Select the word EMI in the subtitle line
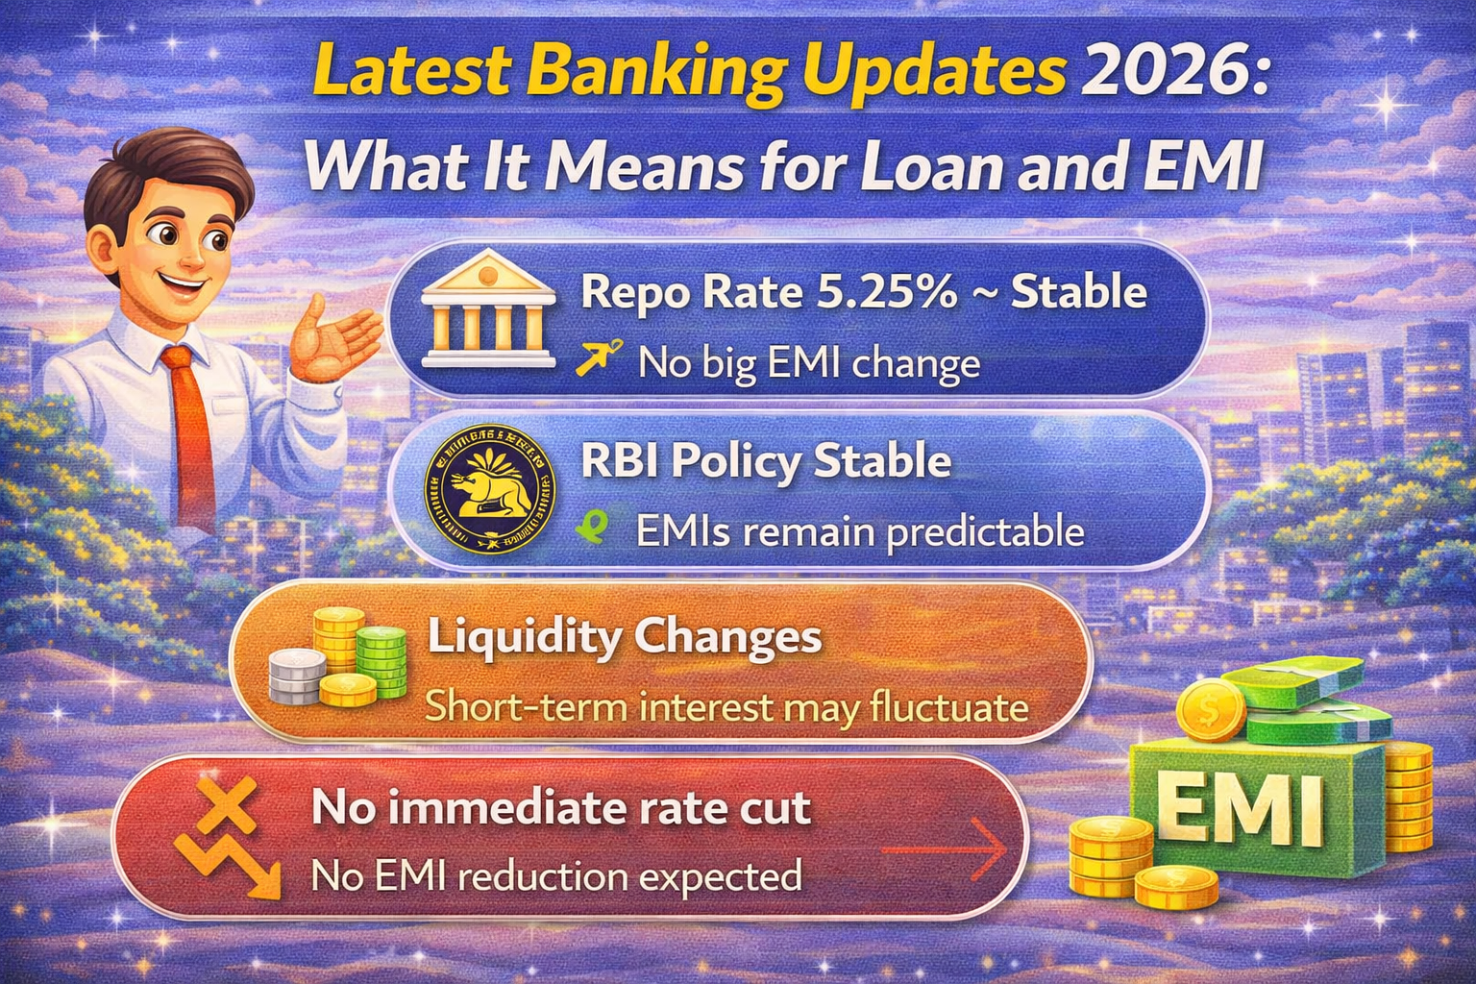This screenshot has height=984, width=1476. pos(1203,166)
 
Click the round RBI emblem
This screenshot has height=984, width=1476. pos(490,488)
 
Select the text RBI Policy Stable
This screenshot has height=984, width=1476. pos(766,461)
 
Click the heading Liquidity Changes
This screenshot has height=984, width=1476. pos(625,637)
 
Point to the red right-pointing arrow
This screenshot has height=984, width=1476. pos(944,849)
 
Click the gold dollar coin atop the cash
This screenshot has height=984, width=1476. pos(1210,710)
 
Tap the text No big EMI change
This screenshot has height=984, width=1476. pos(809,364)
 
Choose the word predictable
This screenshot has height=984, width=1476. pos(985,531)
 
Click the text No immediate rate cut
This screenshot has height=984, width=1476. pos(561,808)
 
